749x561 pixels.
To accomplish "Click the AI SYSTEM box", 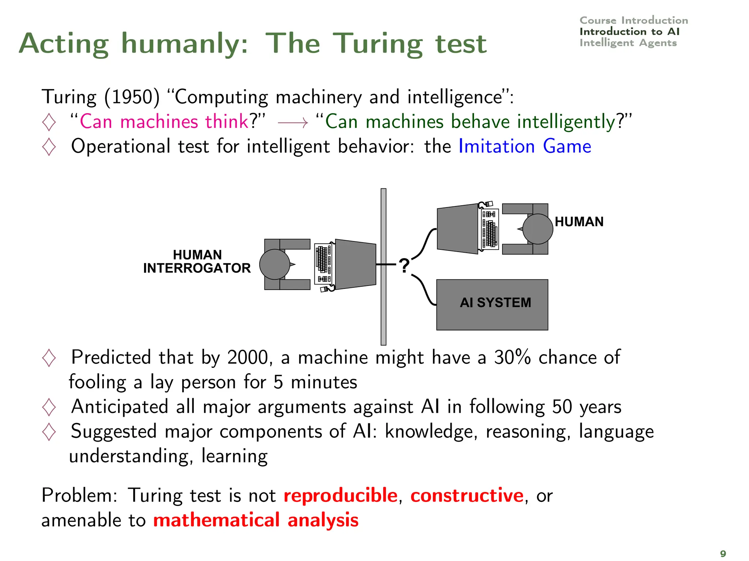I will [x=492, y=304].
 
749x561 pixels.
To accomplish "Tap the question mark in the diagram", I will [x=404, y=266].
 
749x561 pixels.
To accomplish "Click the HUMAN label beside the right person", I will [x=579, y=222].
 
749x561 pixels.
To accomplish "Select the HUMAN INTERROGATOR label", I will [x=197, y=262].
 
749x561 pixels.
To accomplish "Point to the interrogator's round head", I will [x=275, y=264].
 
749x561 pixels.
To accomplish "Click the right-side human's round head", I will [x=537, y=229].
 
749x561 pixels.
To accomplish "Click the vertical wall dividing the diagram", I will [x=383, y=267].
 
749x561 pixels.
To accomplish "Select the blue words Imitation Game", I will [x=524, y=146].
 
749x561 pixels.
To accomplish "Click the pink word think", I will [x=227, y=121].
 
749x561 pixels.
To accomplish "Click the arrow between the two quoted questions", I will [x=293, y=123].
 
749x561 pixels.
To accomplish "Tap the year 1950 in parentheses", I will [x=132, y=97].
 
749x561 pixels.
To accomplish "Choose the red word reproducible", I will [x=340, y=496].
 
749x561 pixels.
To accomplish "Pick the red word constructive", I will [x=467, y=496].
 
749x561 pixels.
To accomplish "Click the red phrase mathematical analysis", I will [x=256, y=520].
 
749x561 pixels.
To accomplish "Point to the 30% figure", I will [x=512, y=357].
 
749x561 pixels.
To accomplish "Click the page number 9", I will [x=723, y=553].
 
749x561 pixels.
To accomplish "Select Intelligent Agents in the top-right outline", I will [x=628, y=43].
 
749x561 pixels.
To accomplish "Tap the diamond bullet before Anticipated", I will [x=49, y=407].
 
